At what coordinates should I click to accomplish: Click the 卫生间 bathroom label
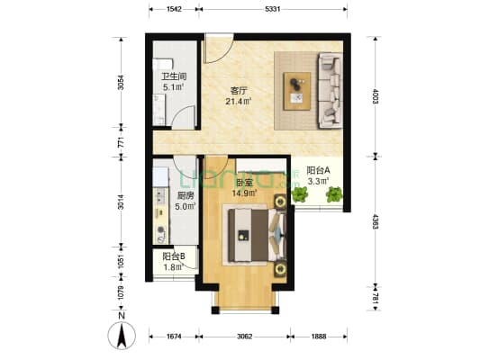click(173, 76)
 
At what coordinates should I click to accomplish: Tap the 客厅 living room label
click(239, 90)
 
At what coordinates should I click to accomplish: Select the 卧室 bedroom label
click(244, 180)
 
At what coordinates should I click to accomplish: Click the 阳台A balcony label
click(319, 170)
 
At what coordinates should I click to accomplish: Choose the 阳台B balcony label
click(173, 256)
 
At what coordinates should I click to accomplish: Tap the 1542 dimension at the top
click(175, 8)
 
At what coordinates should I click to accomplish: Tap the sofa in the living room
click(329, 90)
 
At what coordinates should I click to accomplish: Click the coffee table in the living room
click(295, 87)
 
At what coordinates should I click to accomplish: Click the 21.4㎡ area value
click(239, 102)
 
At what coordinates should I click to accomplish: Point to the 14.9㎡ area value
click(244, 192)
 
